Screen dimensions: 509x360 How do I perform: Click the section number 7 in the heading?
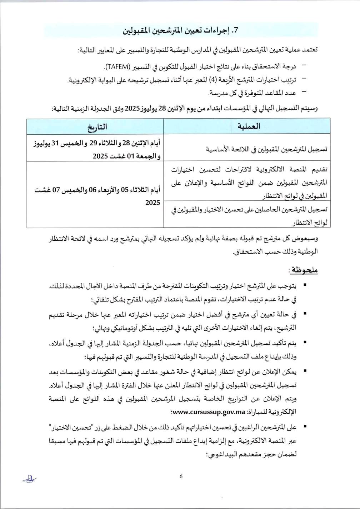pyautogui.click(x=235, y=31)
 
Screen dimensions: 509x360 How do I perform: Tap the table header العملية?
pyautogui.click(x=249, y=126)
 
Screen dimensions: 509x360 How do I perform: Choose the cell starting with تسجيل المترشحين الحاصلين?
pyautogui.click(x=249, y=216)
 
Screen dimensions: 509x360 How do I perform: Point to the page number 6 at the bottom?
pyautogui.click(x=181, y=476)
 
